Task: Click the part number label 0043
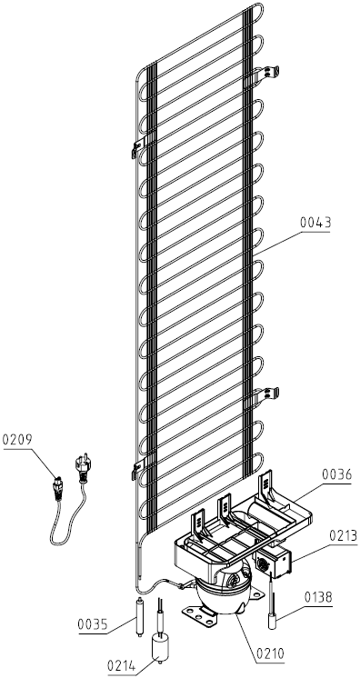pos(315,223)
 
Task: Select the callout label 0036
pos(336,474)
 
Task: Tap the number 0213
pos(343,535)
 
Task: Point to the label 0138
pos(318,598)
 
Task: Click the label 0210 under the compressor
pos(270,653)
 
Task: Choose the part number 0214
pos(123,665)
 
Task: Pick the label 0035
pos(93,624)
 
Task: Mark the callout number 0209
pos(17,440)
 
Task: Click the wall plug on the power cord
pos(82,468)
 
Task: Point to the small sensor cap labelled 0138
pos(272,623)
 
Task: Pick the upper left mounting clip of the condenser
pos(141,146)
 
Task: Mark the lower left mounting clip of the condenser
pos(141,468)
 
